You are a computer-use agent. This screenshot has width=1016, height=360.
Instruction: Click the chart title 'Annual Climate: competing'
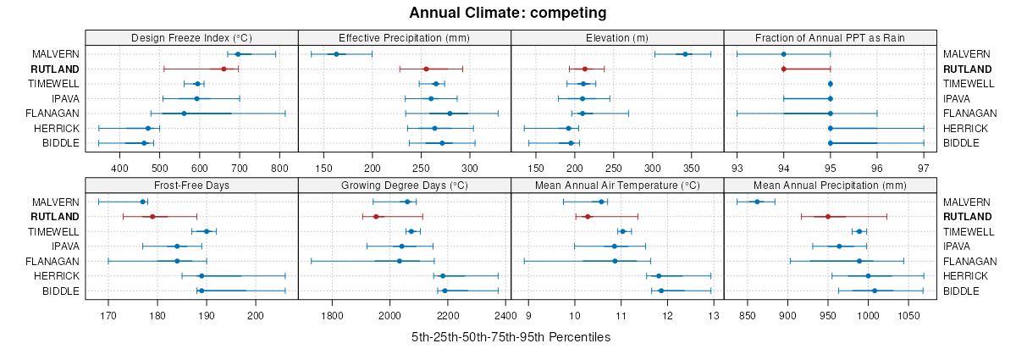tap(508, 13)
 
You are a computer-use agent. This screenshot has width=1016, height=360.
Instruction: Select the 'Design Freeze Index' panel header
tap(191, 38)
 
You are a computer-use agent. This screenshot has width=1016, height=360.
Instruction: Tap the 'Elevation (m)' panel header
tap(617, 38)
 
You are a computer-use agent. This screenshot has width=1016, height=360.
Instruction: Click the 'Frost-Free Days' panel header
tap(191, 186)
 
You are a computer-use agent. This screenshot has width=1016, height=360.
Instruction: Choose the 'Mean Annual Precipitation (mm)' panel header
tap(830, 186)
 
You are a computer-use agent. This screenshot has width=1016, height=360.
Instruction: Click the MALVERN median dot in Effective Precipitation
tap(336, 54)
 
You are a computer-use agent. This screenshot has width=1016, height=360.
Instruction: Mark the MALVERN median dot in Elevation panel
tap(685, 54)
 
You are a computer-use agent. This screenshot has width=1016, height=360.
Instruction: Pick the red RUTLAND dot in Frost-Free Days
tap(152, 217)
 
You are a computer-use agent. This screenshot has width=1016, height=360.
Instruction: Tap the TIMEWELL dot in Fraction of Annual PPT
tap(831, 84)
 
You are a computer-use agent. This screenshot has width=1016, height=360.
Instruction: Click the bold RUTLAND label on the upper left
tap(55, 69)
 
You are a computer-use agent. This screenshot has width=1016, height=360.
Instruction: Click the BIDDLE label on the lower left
tap(61, 291)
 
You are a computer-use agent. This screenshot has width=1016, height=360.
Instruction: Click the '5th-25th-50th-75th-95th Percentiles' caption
tap(511, 337)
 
